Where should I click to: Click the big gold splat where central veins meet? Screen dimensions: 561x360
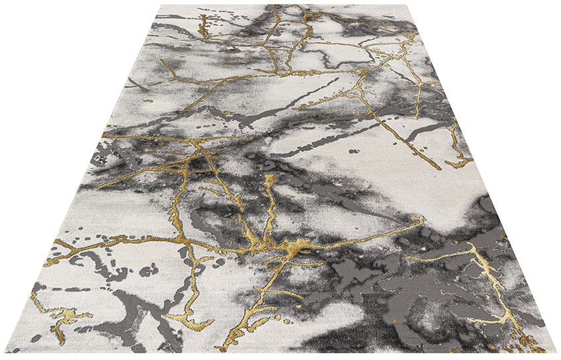coord(296,246)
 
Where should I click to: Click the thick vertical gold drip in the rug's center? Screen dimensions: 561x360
coord(269,199)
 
